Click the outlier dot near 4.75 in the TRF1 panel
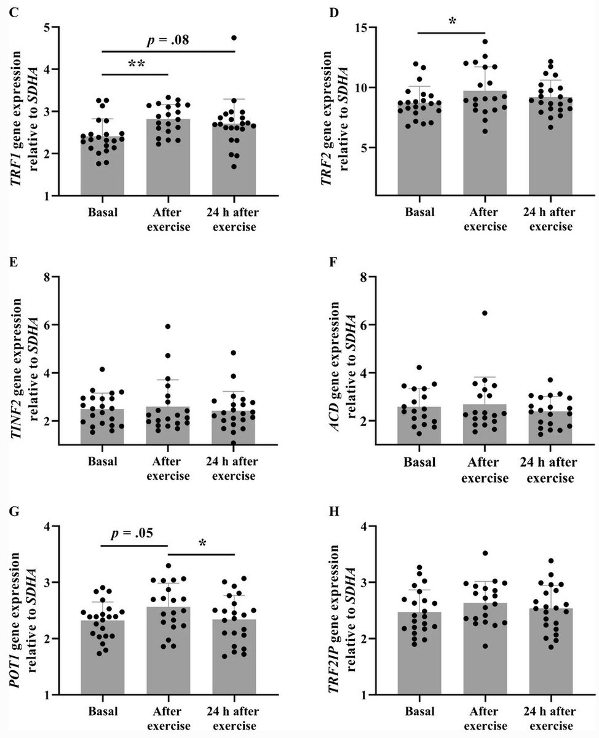(x=234, y=38)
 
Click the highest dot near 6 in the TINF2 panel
(x=167, y=327)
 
